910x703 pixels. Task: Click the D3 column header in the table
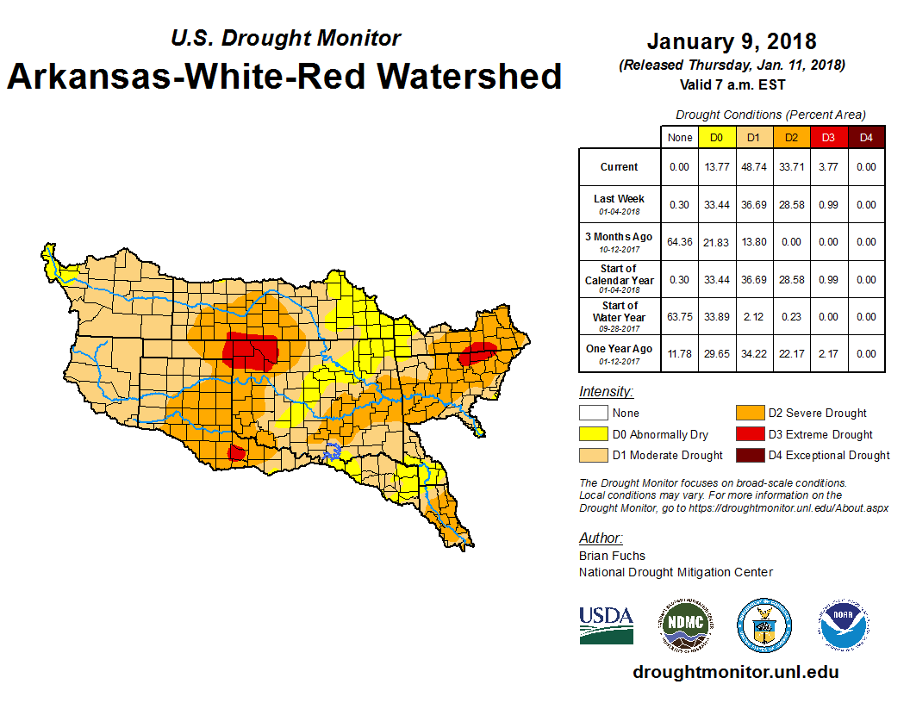click(x=828, y=137)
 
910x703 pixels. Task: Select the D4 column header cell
click(x=867, y=137)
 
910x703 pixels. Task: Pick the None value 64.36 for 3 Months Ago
click(x=680, y=242)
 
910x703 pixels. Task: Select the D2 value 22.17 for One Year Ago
click(x=790, y=353)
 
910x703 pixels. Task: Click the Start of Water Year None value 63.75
click(x=680, y=316)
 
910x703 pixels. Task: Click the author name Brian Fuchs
click(x=612, y=556)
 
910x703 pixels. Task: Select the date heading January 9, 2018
click(x=732, y=41)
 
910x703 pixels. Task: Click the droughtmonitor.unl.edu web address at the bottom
click(x=735, y=672)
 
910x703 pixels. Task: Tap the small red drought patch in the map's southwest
click(x=235, y=452)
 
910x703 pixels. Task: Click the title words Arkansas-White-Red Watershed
click(x=284, y=76)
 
